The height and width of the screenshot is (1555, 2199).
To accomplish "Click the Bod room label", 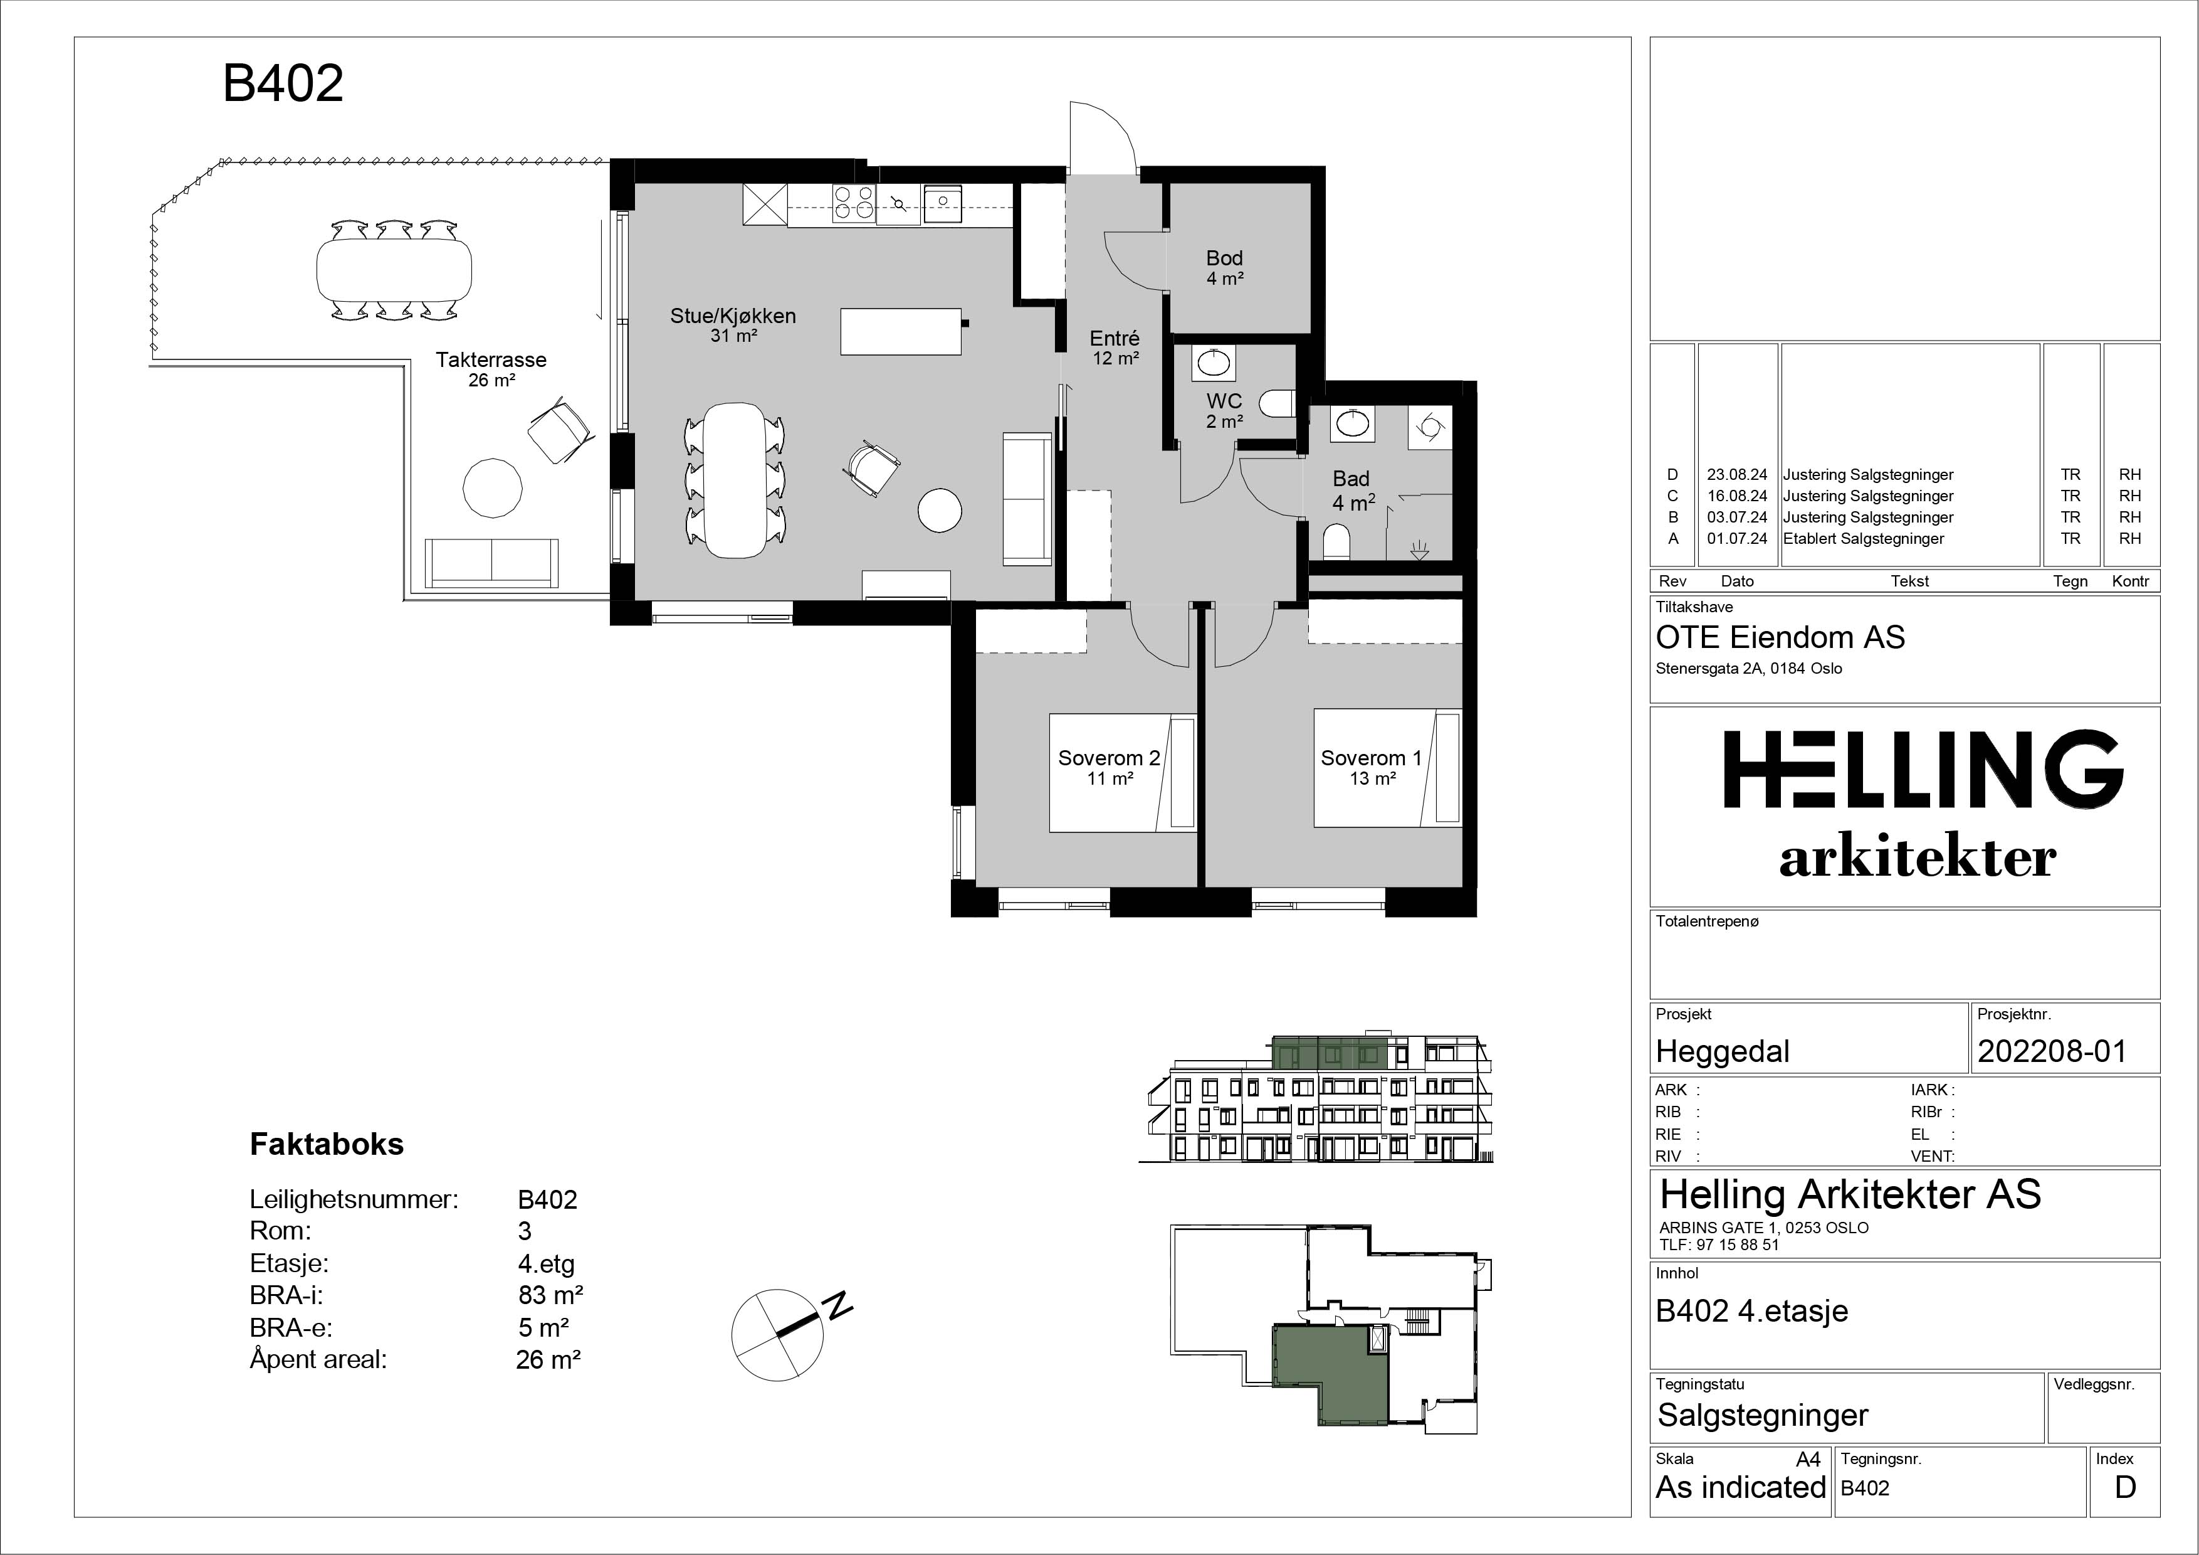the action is pos(1224,258).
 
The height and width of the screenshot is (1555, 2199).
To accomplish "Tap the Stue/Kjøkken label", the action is pos(733,316).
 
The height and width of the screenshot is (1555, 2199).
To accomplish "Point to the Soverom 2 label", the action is pos(1109,758).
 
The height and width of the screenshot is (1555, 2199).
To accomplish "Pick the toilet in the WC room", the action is pos(1277,403).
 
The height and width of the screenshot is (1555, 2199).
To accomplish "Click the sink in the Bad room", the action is pos(1351,423).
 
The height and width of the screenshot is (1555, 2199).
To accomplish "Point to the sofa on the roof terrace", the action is pos(491,563).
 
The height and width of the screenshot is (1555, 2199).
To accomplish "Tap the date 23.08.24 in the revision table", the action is pos(1736,474).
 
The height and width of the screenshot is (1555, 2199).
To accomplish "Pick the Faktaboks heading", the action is pos(327,1144).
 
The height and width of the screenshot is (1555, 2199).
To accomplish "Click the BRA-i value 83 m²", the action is pos(551,1295).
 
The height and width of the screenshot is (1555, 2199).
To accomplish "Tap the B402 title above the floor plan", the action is pos(283,83).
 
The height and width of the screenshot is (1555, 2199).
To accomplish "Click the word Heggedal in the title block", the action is pos(1722,1052).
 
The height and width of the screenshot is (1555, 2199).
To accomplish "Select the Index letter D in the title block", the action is pos(2125,1487).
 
